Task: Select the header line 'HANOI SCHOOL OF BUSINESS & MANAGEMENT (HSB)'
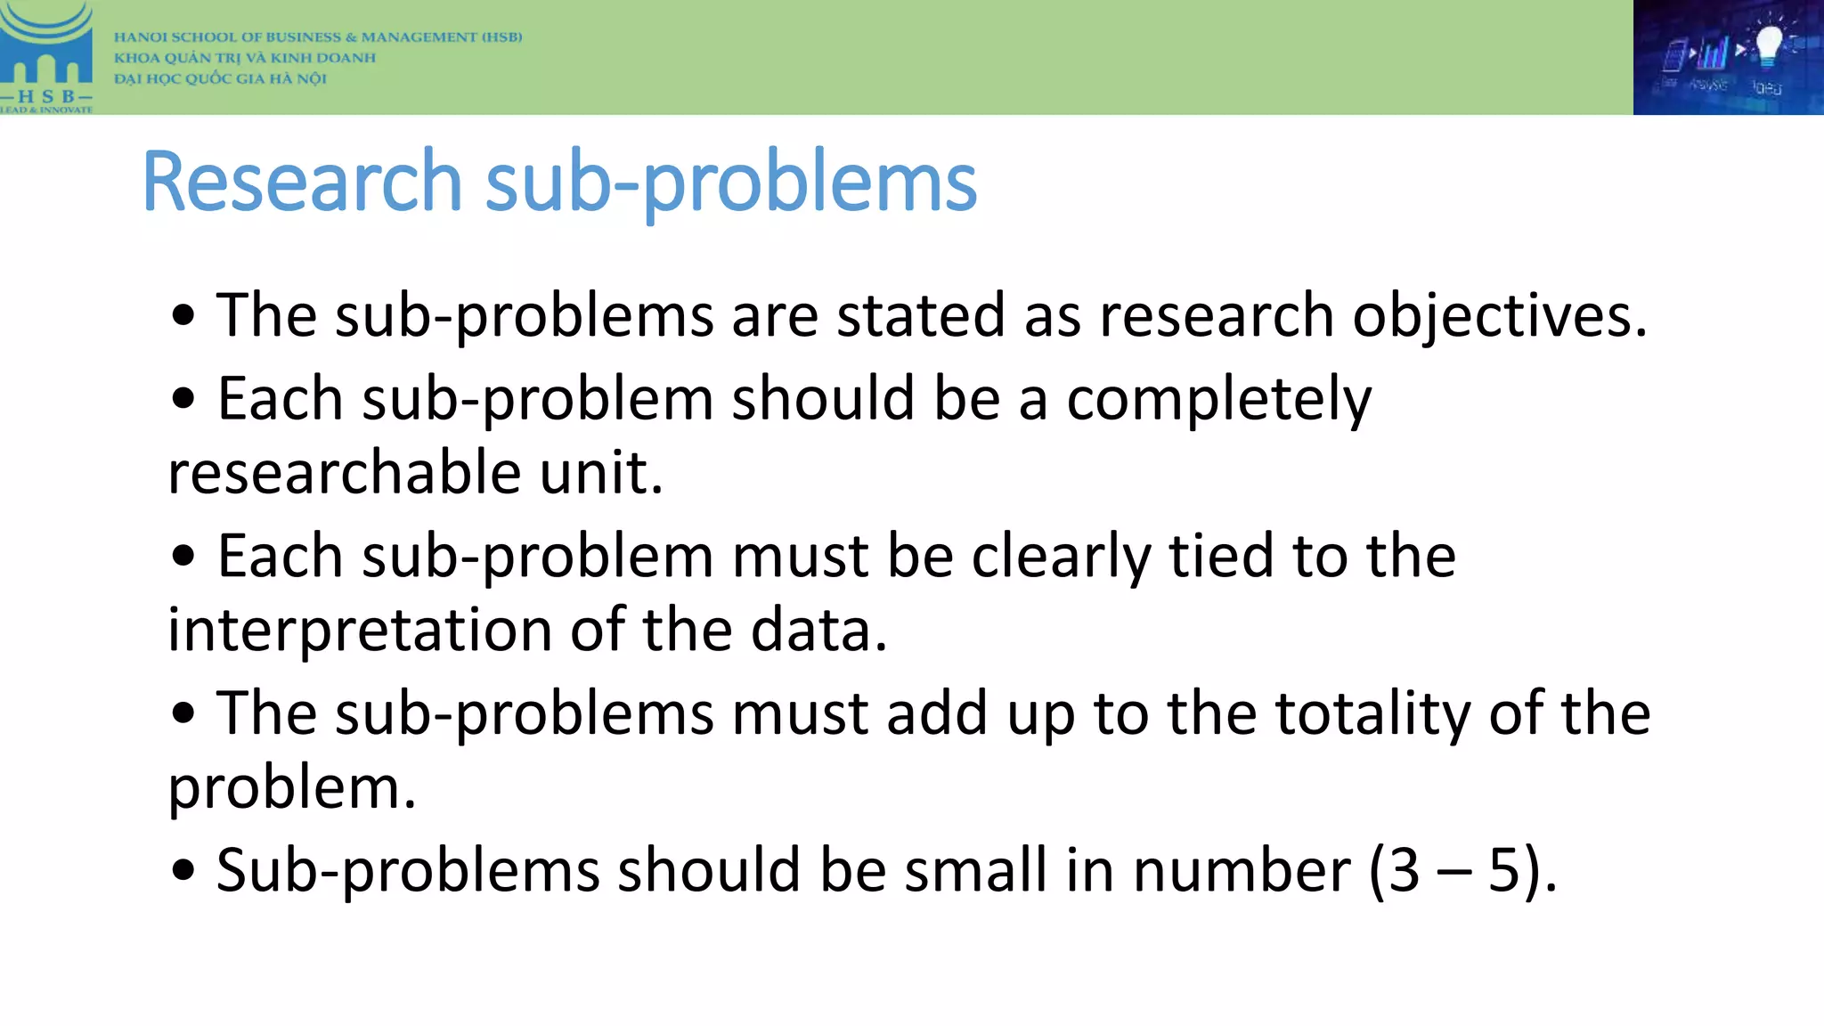pyautogui.click(x=318, y=37)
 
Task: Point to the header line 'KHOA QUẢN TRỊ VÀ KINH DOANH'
pyautogui.click(x=245, y=58)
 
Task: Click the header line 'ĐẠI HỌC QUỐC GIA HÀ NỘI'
pyautogui.click(x=220, y=78)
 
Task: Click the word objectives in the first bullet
pyautogui.click(x=1499, y=316)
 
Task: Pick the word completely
pyautogui.click(x=1218, y=400)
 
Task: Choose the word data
pyautogui.click(x=818, y=631)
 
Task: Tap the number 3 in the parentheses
pyautogui.click(x=1404, y=870)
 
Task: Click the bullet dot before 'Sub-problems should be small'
pyautogui.click(x=183, y=870)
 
